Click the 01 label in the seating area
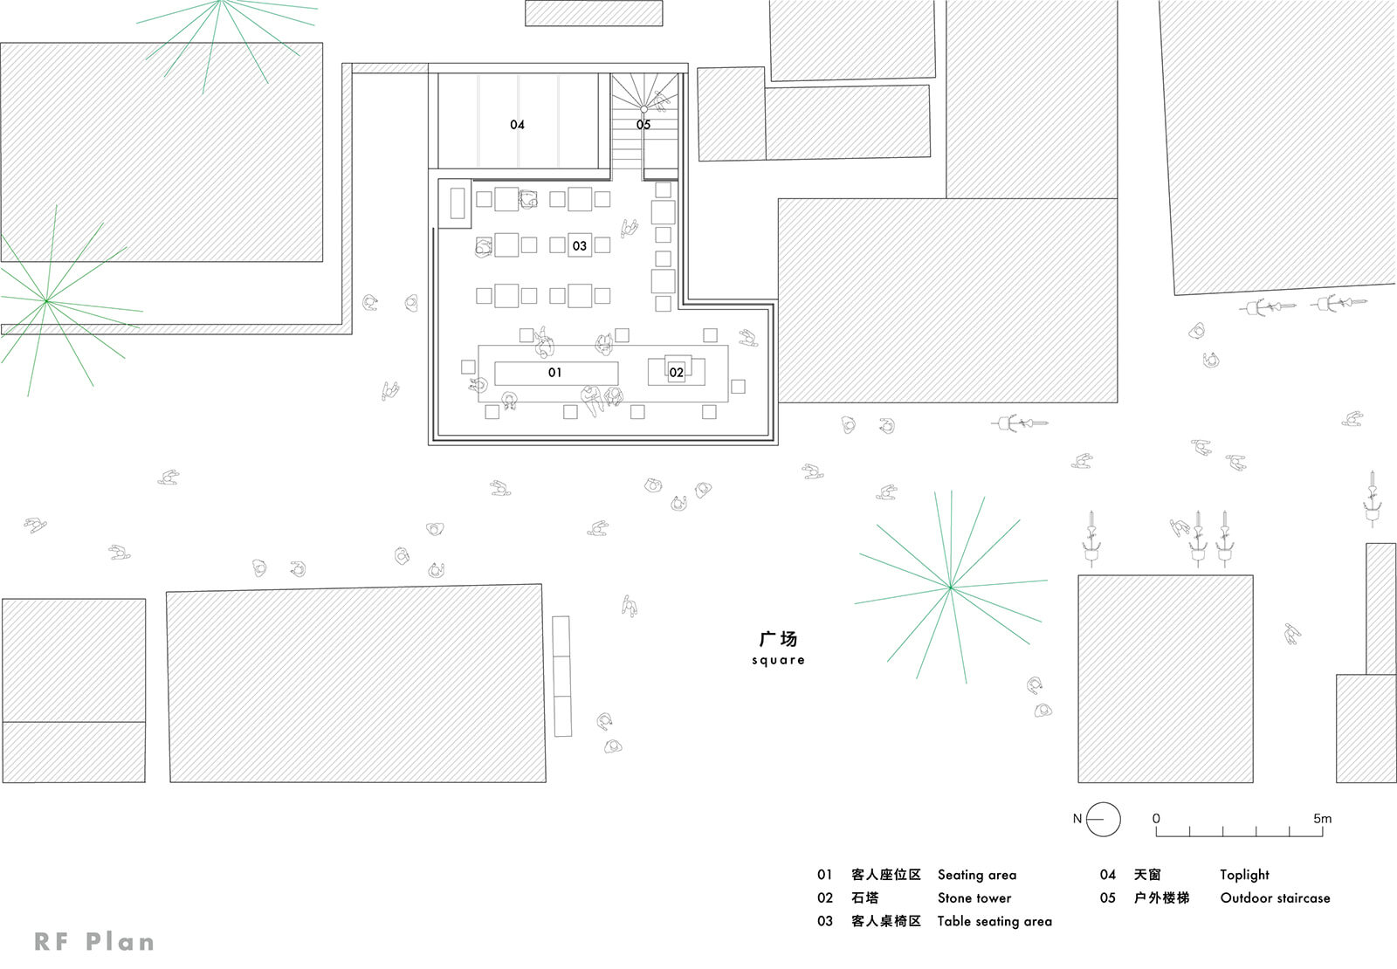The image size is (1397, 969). click(x=554, y=373)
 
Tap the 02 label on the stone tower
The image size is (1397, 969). click(x=676, y=373)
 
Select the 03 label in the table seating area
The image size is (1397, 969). click(x=580, y=246)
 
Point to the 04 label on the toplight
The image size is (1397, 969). click(x=517, y=125)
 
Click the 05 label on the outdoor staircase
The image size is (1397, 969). click(x=643, y=125)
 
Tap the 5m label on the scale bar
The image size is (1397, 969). click(x=1322, y=818)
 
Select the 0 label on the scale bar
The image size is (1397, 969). click(x=1156, y=818)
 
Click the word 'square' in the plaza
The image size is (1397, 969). click(x=778, y=660)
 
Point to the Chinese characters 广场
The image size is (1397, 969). click(x=778, y=639)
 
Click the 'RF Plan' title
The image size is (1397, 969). click(x=94, y=942)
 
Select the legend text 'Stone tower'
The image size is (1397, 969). click(x=974, y=898)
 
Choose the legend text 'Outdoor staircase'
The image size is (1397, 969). click(x=1275, y=898)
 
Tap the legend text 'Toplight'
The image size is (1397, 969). click(x=1244, y=876)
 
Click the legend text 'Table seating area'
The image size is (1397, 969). click(x=994, y=922)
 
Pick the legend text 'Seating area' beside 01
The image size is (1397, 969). click(x=977, y=876)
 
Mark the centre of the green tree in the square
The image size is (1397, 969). click(x=950, y=587)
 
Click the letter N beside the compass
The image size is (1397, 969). click(x=1077, y=818)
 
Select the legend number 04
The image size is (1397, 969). click(x=1108, y=875)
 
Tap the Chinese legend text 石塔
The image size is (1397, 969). click(x=865, y=898)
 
